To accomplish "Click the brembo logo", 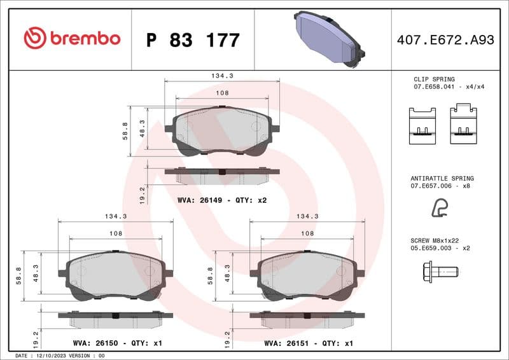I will (72, 38).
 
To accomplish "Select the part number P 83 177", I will (193, 40).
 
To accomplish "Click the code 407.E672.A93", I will (445, 40).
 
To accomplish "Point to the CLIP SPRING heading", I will (434, 80).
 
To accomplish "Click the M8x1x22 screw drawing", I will (440, 272).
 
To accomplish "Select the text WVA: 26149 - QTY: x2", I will (221, 200).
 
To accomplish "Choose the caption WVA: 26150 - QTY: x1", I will (117, 343).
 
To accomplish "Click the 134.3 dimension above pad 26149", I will (222, 75).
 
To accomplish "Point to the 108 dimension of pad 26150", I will (115, 233).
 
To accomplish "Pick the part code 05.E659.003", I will (433, 249).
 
